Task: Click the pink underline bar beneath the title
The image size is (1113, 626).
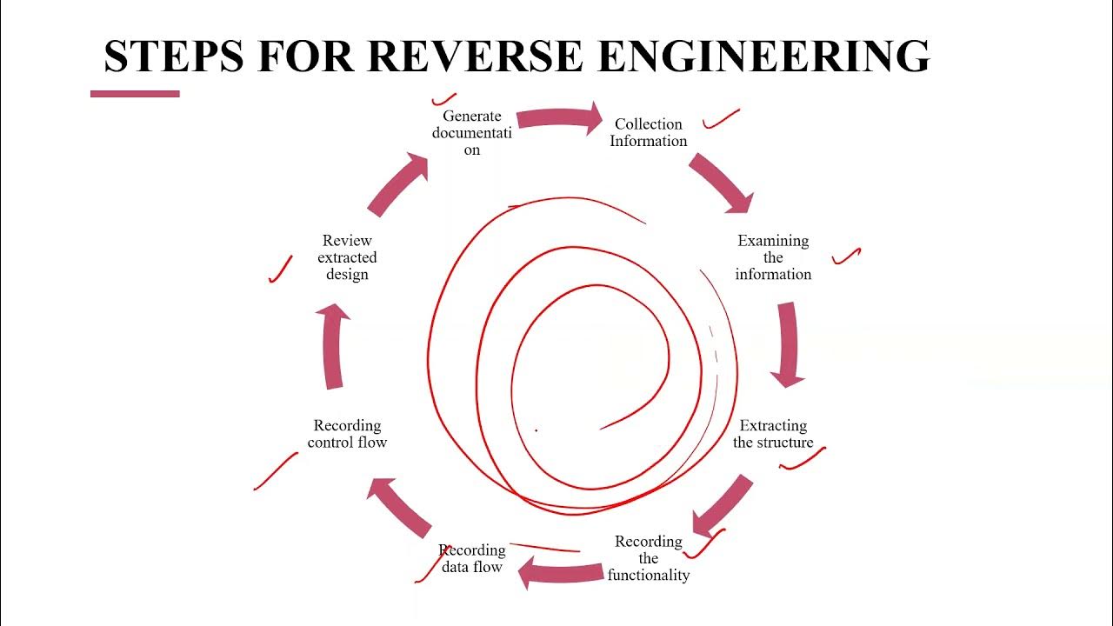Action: [135, 94]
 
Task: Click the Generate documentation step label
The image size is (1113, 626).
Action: [472, 133]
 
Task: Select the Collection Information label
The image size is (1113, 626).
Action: [649, 133]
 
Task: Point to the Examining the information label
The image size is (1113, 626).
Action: [773, 257]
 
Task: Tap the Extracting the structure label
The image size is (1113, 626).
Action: [773, 434]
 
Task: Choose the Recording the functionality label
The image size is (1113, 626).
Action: [649, 558]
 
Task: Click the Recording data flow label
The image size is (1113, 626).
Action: [472, 558]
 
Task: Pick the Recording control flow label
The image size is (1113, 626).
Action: [347, 434]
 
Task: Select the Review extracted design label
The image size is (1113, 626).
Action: [347, 257]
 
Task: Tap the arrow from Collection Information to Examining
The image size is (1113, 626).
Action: [721, 183]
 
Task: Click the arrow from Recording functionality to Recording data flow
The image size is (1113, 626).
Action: [560, 572]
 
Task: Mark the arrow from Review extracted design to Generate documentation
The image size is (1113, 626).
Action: [399, 183]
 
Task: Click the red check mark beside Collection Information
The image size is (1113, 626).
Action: [721, 119]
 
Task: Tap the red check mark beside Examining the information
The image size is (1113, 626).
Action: [846, 256]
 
